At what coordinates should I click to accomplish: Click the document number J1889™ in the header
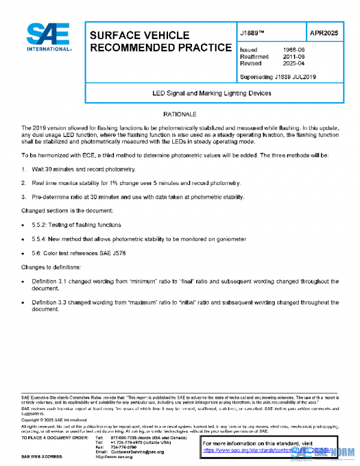253,34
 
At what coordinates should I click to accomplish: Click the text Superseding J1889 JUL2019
278,77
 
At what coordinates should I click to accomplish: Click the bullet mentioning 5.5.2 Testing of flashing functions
76,225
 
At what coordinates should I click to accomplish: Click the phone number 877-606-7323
122,437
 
